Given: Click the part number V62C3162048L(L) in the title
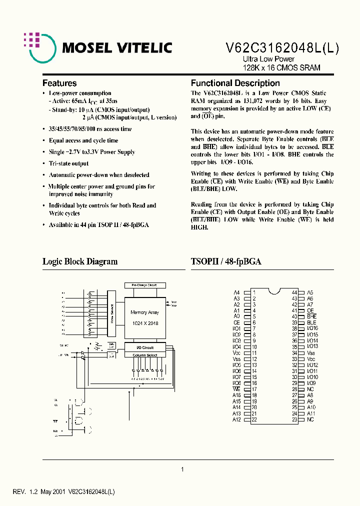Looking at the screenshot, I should [x=283, y=48].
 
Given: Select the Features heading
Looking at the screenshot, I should [x=59, y=83].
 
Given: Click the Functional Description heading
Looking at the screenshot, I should [x=235, y=83].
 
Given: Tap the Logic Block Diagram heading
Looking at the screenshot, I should [x=80, y=261].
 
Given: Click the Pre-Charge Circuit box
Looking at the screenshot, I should [x=144, y=285].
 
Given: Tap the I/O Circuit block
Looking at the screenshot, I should [x=145, y=347].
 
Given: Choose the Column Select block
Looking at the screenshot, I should [x=145, y=355].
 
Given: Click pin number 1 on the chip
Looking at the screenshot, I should [x=254, y=292].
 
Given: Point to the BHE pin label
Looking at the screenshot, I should [x=311, y=316].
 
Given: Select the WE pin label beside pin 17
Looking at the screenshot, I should [x=236, y=389].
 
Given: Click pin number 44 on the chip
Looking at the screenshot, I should [x=294, y=292].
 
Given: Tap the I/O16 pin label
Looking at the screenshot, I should [x=312, y=328].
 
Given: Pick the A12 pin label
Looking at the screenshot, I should [x=236, y=419].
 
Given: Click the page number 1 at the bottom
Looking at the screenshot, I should [x=182, y=469].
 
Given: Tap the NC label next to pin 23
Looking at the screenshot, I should [x=310, y=419].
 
